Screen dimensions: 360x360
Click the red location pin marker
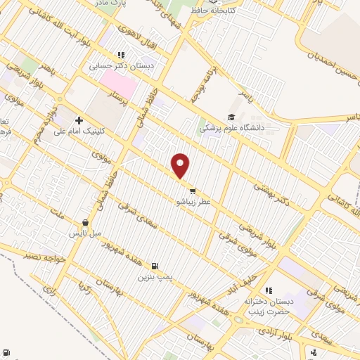181,165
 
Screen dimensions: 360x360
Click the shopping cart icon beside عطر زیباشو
192,190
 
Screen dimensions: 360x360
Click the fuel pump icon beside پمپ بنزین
155,266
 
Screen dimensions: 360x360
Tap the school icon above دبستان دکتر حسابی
121,55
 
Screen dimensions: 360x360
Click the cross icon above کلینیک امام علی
80,120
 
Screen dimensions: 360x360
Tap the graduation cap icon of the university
231,117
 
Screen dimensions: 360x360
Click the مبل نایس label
86,232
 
